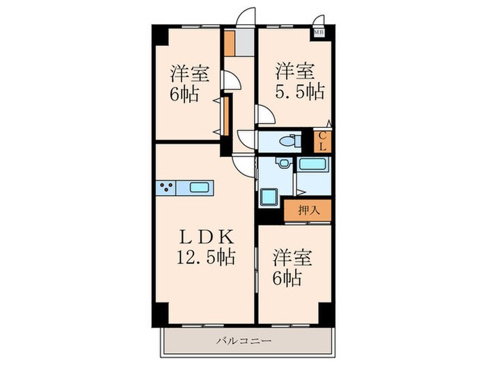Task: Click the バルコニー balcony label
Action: (243, 341)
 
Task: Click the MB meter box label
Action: (319, 31)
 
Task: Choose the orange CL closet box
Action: (323, 141)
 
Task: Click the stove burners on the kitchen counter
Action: (166, 187)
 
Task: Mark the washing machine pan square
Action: (270, 197)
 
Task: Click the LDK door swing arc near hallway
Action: (243, 163)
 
